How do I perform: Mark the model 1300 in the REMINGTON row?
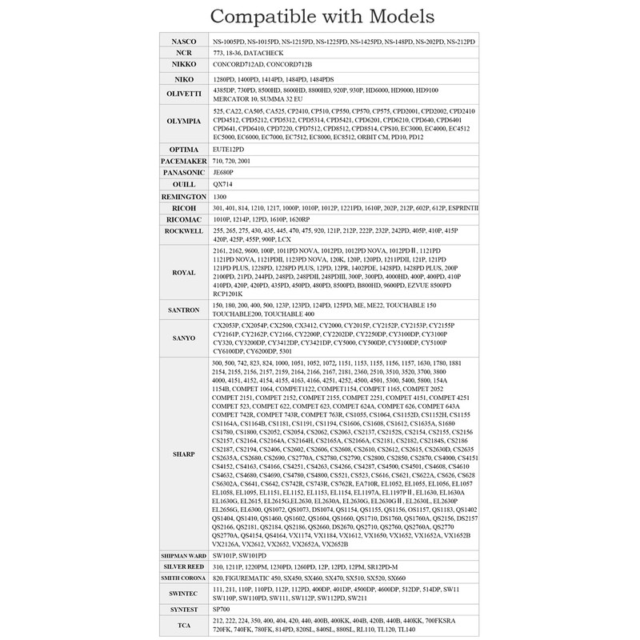[220, 196]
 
